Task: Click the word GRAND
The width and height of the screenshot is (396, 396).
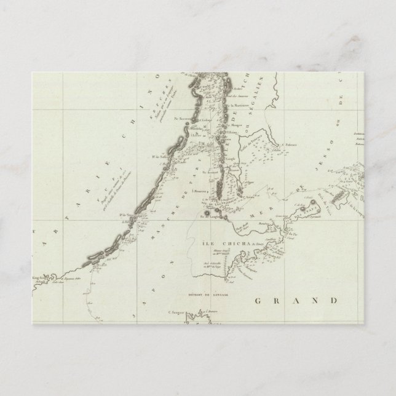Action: pos(296,301)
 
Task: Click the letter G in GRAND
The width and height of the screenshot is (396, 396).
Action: pos(259,301)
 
